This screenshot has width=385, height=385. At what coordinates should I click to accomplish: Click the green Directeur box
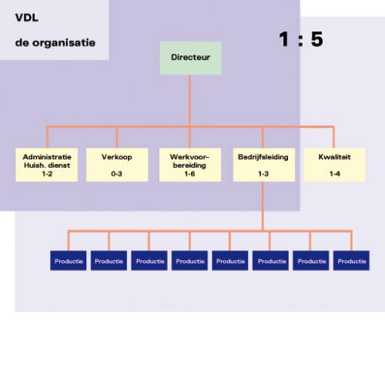coord(191,59)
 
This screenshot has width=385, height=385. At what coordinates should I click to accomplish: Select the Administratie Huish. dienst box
coord(47,165)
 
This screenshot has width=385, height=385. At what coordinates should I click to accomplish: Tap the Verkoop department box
coord(117,165)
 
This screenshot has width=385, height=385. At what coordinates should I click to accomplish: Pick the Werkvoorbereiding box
coord(190,165)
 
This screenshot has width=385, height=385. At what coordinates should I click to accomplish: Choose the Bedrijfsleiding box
coord(264,165)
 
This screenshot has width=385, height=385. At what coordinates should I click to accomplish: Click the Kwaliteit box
coord(335,165)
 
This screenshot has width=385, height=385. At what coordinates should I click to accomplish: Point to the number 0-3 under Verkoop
coord(116,174)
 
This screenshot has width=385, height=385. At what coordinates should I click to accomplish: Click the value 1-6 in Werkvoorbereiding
coord(189,174)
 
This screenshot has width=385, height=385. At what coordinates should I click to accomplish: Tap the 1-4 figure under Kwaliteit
coord(335,174)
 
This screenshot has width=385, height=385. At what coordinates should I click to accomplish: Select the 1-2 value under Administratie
coord(47,174)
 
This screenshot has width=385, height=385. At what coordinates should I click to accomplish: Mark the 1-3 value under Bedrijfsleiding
coord(263,174)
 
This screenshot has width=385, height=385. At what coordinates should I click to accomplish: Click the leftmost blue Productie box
coord(69,260)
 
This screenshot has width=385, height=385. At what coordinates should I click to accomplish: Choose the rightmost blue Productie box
coord(351,260)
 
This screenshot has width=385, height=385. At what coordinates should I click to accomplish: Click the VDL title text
coord(27,18)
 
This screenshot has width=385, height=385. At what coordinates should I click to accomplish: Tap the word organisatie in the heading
coord(64,43)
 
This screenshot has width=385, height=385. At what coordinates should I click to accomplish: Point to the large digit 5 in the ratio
coord(317,39)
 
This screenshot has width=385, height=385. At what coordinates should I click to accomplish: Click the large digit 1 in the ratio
coord(284,39)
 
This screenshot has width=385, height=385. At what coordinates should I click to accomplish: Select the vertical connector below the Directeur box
coord(189,101)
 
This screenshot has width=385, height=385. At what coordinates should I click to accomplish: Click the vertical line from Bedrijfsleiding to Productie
coord(263,206)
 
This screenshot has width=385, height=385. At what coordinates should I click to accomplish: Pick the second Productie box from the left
coord(109,260)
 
